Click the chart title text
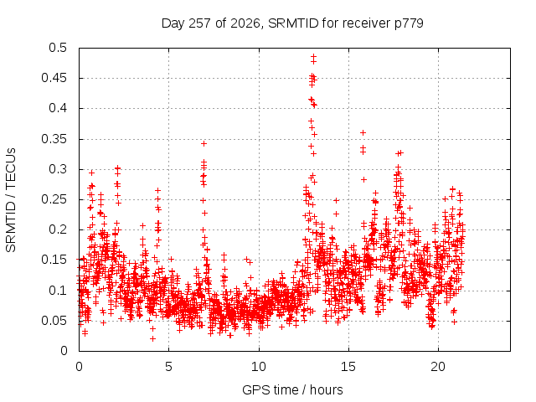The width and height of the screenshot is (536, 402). [x=292, y=23]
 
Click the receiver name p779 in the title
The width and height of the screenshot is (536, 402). [x=409, y=24]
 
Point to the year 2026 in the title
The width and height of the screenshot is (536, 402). [x=245, y=23]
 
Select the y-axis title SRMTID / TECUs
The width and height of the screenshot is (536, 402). [x=11, y=200]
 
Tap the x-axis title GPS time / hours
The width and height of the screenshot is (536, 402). [x=292, y=389]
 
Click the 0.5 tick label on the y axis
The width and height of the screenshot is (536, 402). [x=58, y=48]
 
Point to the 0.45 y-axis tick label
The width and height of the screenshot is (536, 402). [x=54, y=78]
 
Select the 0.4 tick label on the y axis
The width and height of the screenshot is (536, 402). [x=58, y=108]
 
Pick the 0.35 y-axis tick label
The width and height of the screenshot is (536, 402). [x=54, y=139]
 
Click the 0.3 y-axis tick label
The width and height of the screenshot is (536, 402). [x=58, y=169]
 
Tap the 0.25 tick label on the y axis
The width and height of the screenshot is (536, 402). [x=54, y=199]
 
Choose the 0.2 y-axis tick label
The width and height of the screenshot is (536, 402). [x=58, y=229]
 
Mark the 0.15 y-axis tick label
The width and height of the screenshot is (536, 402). [x=54, y=260]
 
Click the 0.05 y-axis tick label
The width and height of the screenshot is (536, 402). [x=54, y=321]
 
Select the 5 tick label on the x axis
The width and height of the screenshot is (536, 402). [x=168, y=367]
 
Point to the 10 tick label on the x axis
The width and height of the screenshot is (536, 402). [x=259, y=367]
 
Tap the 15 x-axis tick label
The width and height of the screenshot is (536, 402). [x=348, y=367]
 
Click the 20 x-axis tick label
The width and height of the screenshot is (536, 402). [x=438, y=367]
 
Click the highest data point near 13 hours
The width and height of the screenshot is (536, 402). [x=313, y=56]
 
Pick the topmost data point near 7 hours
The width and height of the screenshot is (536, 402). [x=204, y=143]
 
